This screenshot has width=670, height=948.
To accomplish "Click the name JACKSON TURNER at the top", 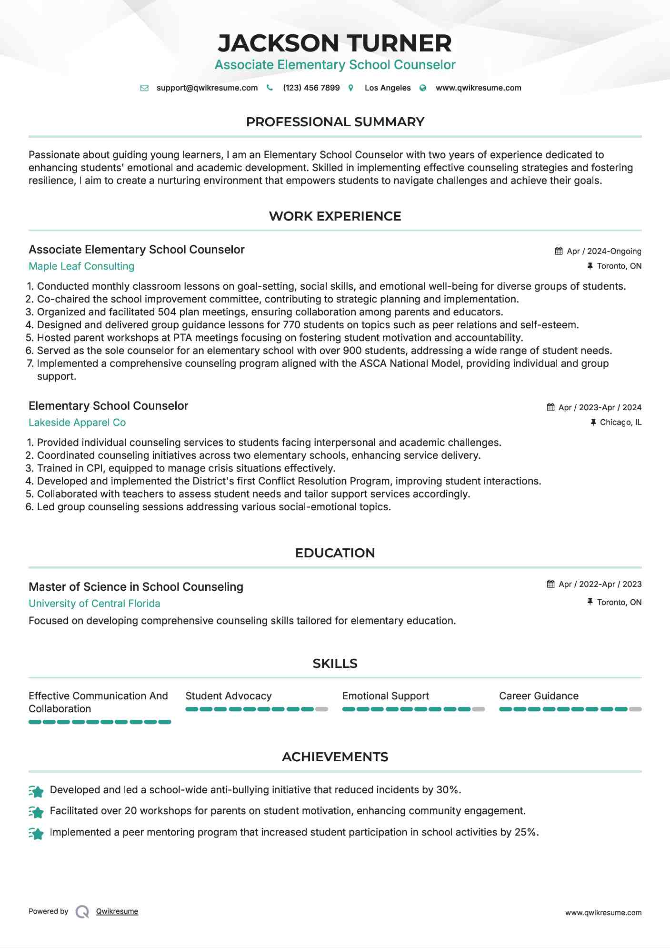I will click(x=335, y=43).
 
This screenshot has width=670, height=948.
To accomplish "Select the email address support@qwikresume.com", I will click(x=207, y=88).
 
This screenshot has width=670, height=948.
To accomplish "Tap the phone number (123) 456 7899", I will click(x=311, y=88).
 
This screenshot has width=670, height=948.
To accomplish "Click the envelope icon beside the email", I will click(x=144, y=88).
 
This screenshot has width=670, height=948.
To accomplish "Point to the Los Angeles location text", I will click(x=387, y=88).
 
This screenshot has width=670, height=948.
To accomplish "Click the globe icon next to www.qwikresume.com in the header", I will click(x=422, y=88).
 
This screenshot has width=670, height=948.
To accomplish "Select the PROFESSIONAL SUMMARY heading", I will click(x=335, y=122).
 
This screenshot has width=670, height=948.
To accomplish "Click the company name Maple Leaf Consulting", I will click(x=81, y=266).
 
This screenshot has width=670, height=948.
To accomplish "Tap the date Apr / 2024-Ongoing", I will click(x=603, y=252).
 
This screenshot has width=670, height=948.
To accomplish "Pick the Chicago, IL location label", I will click(x=620, y=423).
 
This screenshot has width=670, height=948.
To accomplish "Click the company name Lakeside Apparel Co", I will click(x=77, y=423).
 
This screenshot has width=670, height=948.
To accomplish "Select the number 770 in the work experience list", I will click(x=291, y=325).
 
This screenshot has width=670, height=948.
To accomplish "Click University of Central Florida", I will click(x=94, y=604).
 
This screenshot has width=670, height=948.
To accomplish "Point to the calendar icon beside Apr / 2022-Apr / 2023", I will click(x=551, y=584).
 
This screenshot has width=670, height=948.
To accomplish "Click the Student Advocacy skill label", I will click(x=228, y=696).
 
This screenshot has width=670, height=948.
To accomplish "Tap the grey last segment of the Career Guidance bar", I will click(x=635, y=709).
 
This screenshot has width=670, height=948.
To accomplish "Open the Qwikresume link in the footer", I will click(x=117, y=911).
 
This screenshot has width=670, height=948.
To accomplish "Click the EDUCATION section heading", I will click(x=335, y=553).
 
